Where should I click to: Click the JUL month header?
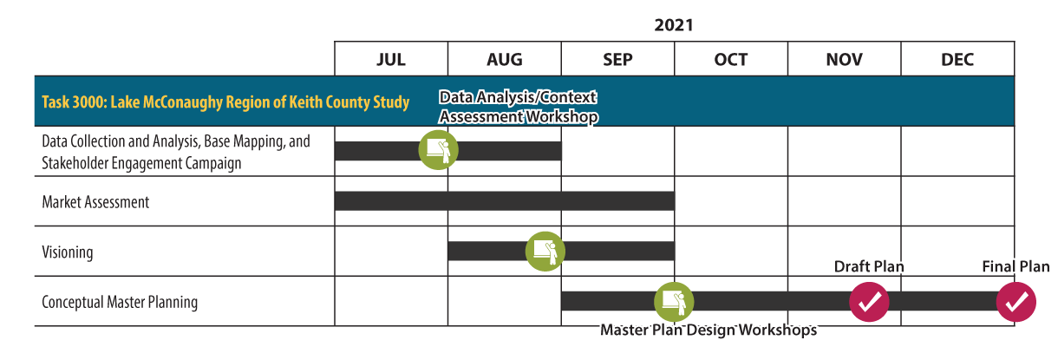point(391,60)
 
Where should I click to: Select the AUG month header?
point(505,60)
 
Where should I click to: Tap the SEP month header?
point(617,60)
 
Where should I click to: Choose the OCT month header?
point(731,60)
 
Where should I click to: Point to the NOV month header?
point(844,60)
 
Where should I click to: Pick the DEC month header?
point(957,60)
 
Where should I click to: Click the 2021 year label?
point(674,25)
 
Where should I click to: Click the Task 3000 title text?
point(225,102)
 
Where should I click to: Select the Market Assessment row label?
point(95,202)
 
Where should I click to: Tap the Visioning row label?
point(68,252)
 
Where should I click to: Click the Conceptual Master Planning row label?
point(120,303)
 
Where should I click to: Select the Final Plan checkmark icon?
point(1016,302)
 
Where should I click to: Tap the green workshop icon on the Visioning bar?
point(545,252)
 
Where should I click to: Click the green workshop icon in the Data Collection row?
point(438,150)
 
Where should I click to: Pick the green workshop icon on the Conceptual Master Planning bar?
point(674,302)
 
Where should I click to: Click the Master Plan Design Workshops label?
point(709,331)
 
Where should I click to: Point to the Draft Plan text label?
point(869,267)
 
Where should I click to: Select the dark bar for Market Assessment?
point(505,201)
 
